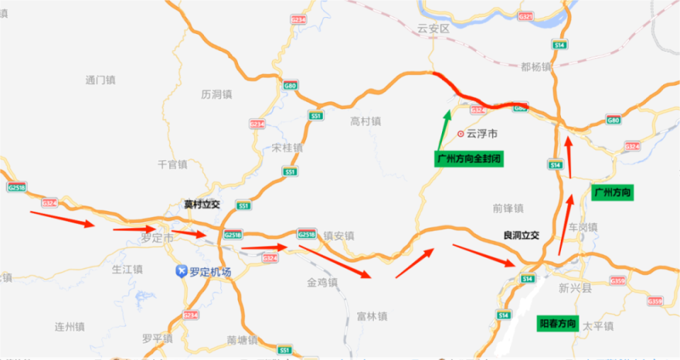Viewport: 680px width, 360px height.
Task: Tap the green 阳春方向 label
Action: coord(558,322)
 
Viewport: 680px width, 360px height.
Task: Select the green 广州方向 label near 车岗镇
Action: coord(613,192)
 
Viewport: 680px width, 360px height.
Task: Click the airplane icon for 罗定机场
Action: coord(182,271)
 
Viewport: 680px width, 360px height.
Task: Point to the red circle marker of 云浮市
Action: coord(460,133)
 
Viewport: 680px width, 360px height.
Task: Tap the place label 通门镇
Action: coord(100,79)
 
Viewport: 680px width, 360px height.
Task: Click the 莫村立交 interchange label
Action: coord(202,204)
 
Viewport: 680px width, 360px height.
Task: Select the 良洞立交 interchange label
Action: coord(521,235)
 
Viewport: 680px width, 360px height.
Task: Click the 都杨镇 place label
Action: coord(535,67)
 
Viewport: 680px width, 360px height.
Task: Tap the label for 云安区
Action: coord(433,29)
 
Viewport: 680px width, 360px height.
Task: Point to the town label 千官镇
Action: coord(172,164)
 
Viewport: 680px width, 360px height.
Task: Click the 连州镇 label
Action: coord(69,327)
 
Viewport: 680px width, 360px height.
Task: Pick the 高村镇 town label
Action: coord(365,121)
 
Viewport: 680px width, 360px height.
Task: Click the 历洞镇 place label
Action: coord(217,94)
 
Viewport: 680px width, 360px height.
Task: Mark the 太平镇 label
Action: coord(598,326)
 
